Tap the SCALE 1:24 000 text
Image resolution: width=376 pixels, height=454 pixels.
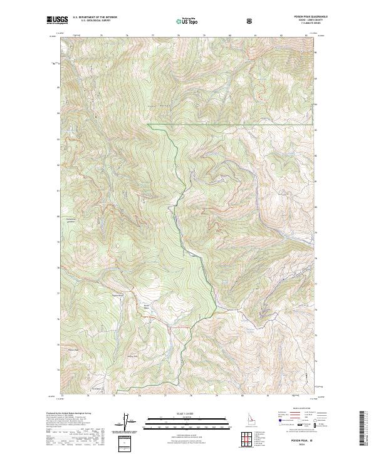181,414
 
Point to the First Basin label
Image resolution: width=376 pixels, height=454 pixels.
97,389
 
